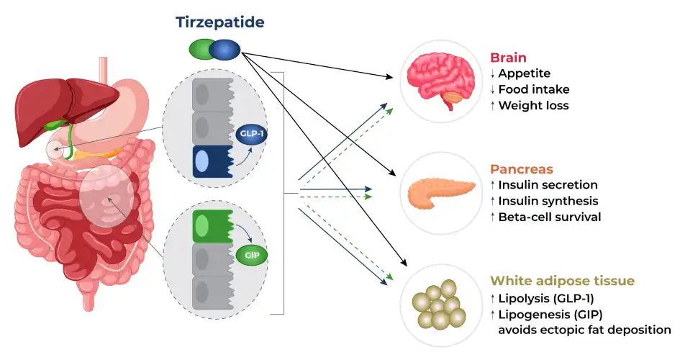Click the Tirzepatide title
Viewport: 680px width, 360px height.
220,22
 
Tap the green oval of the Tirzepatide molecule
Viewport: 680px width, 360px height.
201,50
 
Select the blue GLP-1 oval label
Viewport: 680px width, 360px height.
249,135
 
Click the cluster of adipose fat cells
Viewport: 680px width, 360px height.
436,304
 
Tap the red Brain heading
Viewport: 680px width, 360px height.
508,58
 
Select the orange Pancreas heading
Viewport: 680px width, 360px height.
521,169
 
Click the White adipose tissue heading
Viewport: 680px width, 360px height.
561,281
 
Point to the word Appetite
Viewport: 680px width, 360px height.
524,73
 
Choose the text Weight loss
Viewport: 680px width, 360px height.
533,106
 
